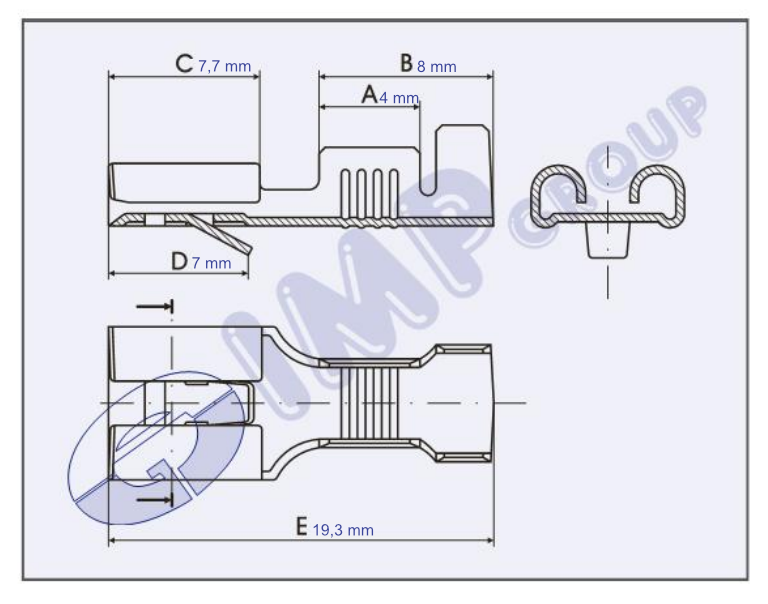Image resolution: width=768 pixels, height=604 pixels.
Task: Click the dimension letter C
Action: pos(184,64)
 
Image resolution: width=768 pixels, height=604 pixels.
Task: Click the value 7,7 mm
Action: pos(224,66)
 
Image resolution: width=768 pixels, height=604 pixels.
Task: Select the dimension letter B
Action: pos(407,63)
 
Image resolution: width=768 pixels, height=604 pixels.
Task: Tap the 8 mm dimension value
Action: pos(436,67)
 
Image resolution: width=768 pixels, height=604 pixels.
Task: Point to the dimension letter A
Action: pos(370,95)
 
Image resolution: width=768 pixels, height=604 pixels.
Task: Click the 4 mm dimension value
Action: pos(399,98)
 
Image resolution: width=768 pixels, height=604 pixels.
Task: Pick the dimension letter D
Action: pos(179,262)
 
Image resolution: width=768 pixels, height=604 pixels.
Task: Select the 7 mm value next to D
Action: pos(212,263)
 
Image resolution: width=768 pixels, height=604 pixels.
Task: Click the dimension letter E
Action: pos(302,527)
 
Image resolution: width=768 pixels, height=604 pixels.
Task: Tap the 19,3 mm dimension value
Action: pos(343,530)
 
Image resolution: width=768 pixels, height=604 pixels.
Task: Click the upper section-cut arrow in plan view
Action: pos(155,307)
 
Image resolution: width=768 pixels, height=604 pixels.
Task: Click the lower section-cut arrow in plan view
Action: pos(155,500)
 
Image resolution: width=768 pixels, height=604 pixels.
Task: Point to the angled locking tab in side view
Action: pos(220,234)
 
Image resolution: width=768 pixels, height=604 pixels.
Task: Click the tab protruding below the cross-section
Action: pos(608,240)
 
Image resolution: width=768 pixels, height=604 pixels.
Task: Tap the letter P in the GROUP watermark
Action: pos(686,110)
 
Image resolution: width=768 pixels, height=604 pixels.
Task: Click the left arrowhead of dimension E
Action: pos(112,540)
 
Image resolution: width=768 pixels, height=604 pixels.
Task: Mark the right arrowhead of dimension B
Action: pos(489,76)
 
